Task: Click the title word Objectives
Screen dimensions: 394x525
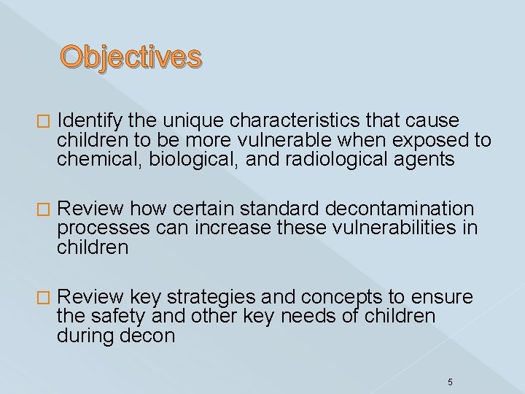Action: pyautogui.click(x=131, y=56)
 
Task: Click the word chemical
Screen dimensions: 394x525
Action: pyautogui.click(x=96, y=160)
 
